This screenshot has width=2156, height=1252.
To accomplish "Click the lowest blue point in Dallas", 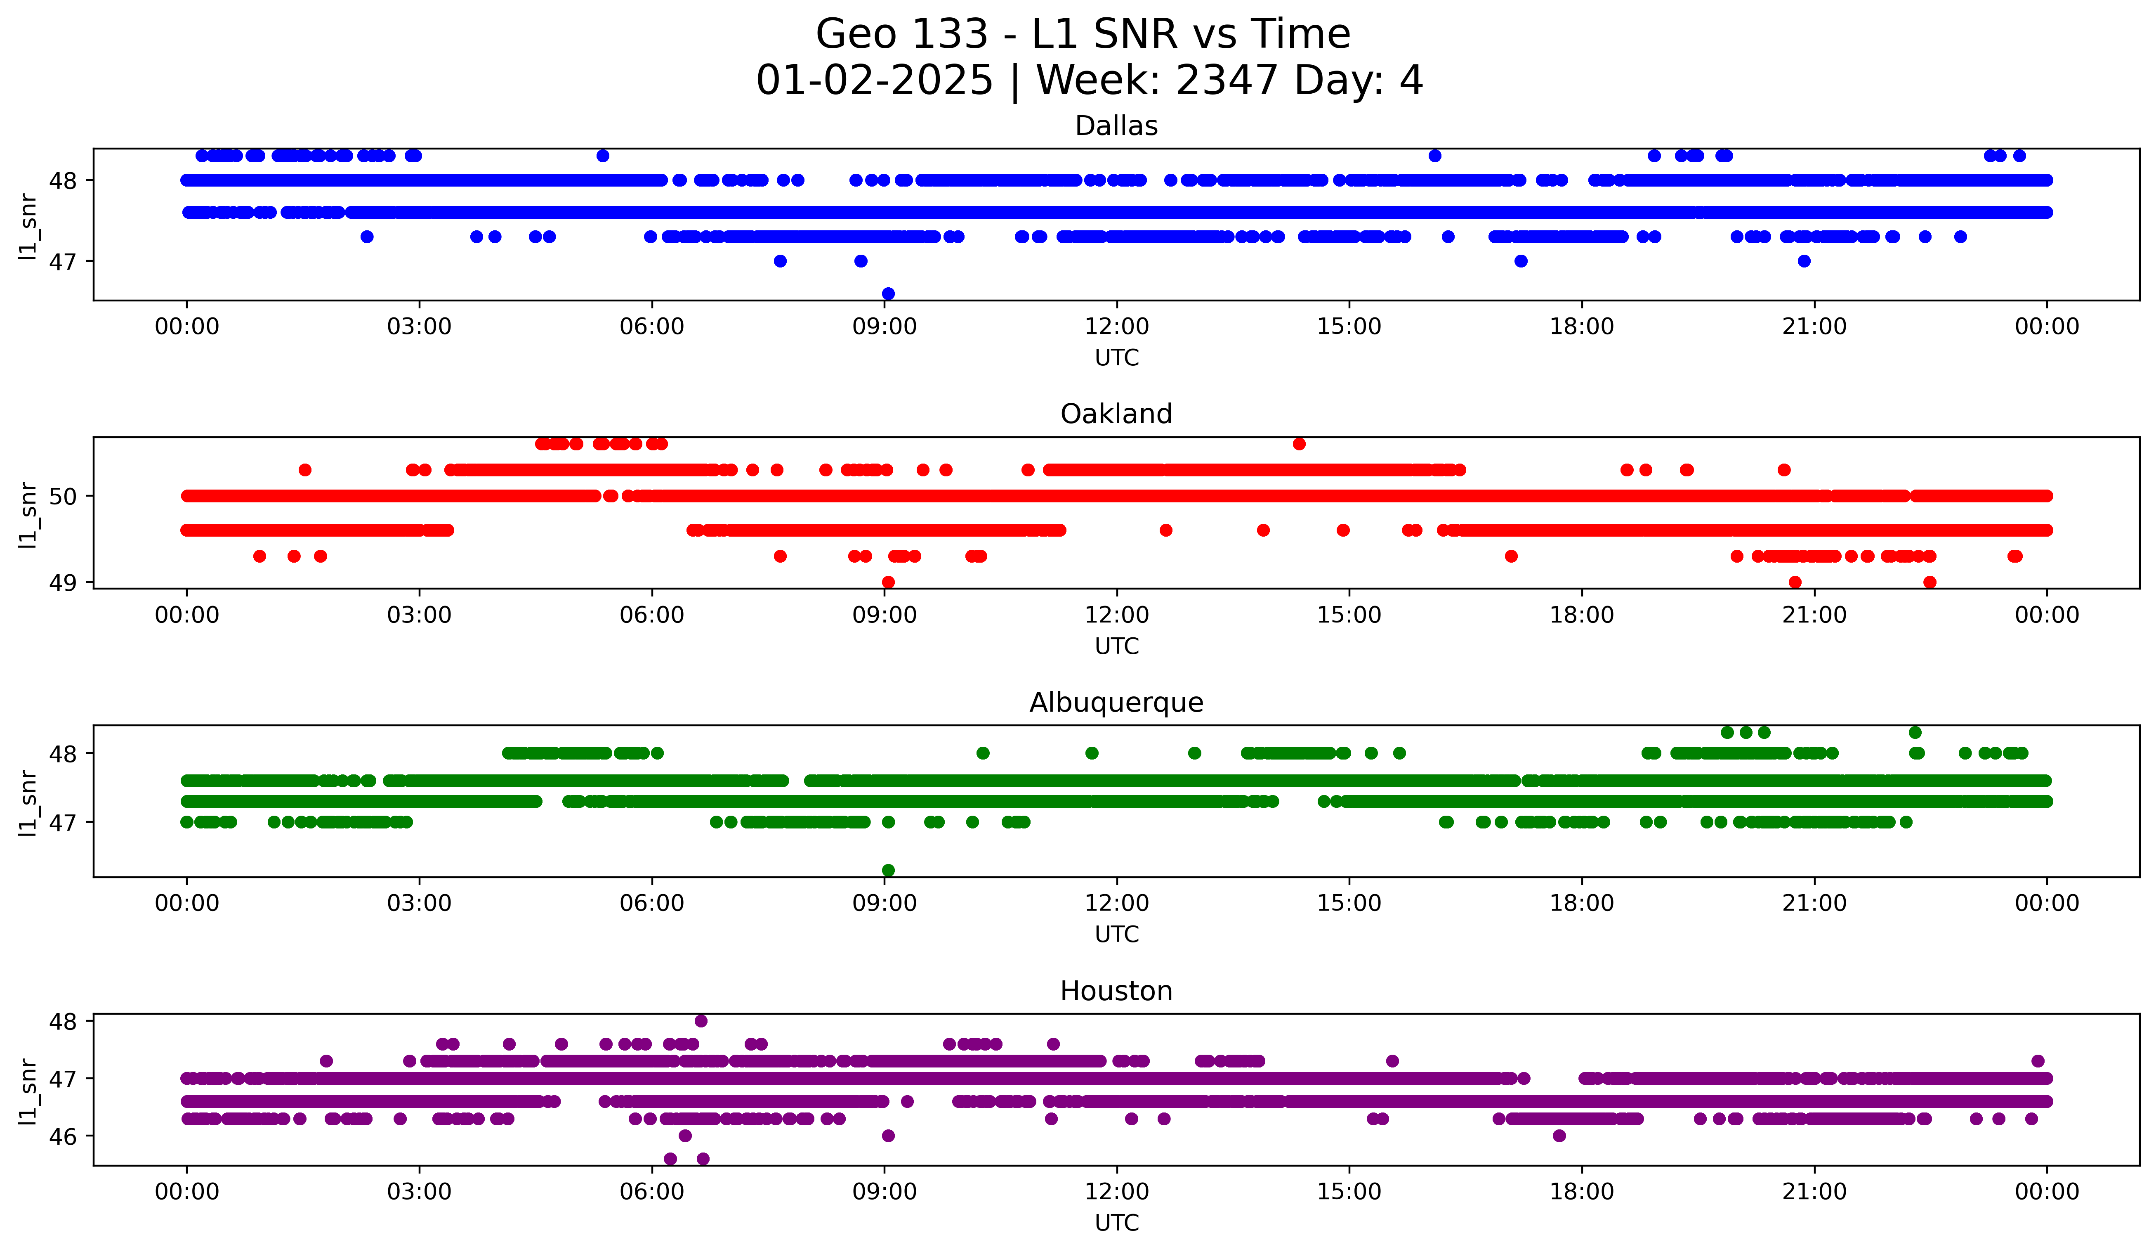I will tap(888, 293).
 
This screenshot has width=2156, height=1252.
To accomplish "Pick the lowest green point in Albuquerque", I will tap(888, 870).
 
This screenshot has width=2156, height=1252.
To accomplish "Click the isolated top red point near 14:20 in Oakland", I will tap(1299, 443).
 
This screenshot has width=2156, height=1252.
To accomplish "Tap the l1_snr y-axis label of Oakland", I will tap(27, 514).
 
